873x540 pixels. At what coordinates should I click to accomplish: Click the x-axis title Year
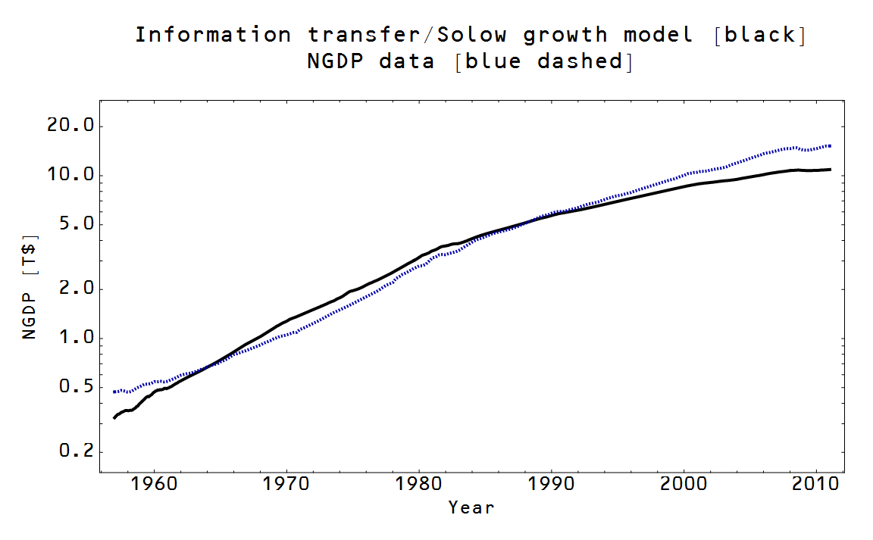(x=471, y=507)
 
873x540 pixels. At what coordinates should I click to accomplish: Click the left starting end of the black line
(x=114, y=417)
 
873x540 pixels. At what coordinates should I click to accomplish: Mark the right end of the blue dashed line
(x=831, y=145)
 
